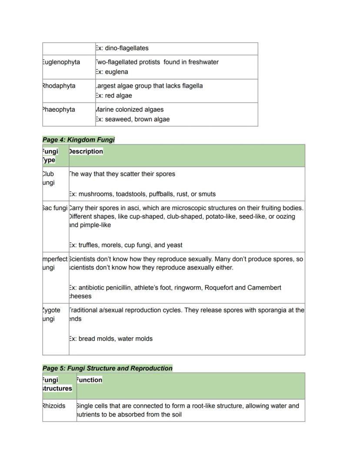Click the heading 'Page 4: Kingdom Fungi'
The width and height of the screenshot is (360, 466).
(x=79, y=140)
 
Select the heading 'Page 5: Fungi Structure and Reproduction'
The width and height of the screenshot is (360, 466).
(x=107, y=368)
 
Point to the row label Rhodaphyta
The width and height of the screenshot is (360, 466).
(x=59, y=86)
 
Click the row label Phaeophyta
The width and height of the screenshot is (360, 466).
(x=59, y=110)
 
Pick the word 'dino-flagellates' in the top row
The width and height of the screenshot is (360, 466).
(x=127, y=48)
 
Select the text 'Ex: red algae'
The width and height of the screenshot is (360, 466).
(x=113, y=96)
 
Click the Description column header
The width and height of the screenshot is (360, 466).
(x=86, y=151)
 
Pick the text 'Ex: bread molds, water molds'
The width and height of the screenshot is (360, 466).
(x=110, y=339)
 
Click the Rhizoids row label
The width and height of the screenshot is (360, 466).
(x=54, y=406)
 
